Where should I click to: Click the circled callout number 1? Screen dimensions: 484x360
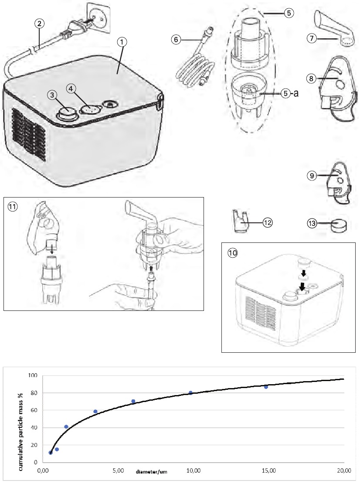click(x=122, y=42)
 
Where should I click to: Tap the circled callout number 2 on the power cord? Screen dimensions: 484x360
click(x=40, y=24)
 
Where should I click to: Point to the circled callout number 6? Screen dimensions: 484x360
click(x=176, y=39)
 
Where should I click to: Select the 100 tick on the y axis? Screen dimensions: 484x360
click(x=33, y=375)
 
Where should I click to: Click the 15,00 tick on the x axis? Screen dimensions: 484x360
click(x=269, y=471)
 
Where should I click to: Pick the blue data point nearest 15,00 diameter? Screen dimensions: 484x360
click(x=266, y=387)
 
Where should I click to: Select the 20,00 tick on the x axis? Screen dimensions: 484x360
click(x=344, y=471)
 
